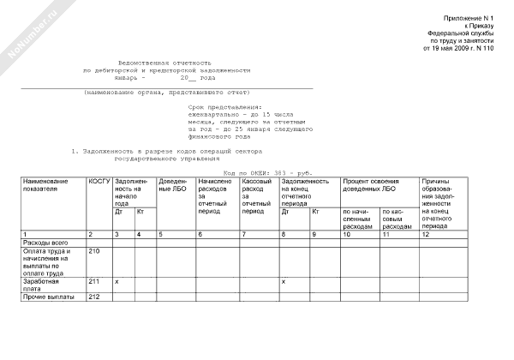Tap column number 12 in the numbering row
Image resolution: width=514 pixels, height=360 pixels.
426,234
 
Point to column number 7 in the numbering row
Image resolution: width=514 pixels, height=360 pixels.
243,234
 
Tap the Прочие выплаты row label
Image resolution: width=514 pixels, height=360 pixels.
47,297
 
